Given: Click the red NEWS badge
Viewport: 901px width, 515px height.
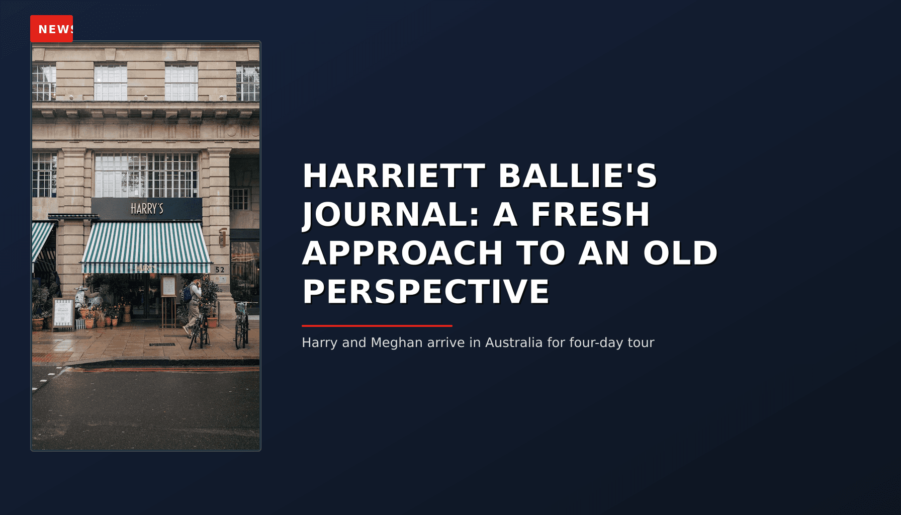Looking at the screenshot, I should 52,29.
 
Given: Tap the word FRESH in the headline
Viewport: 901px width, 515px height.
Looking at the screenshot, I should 590,215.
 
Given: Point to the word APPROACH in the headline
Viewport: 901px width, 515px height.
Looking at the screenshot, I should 402,253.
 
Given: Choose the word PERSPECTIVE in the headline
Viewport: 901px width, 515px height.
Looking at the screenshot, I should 425,292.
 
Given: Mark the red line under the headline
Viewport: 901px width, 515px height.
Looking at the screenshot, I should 377,326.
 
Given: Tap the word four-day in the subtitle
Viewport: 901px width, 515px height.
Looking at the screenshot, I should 596,343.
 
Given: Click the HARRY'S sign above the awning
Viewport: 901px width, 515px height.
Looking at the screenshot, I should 147,209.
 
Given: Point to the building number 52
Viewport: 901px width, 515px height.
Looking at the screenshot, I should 220,270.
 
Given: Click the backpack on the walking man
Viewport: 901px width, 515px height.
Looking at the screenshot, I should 188,294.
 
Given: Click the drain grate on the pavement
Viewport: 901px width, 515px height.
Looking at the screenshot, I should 162,345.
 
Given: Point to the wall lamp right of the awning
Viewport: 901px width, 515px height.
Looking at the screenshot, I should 222,236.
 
